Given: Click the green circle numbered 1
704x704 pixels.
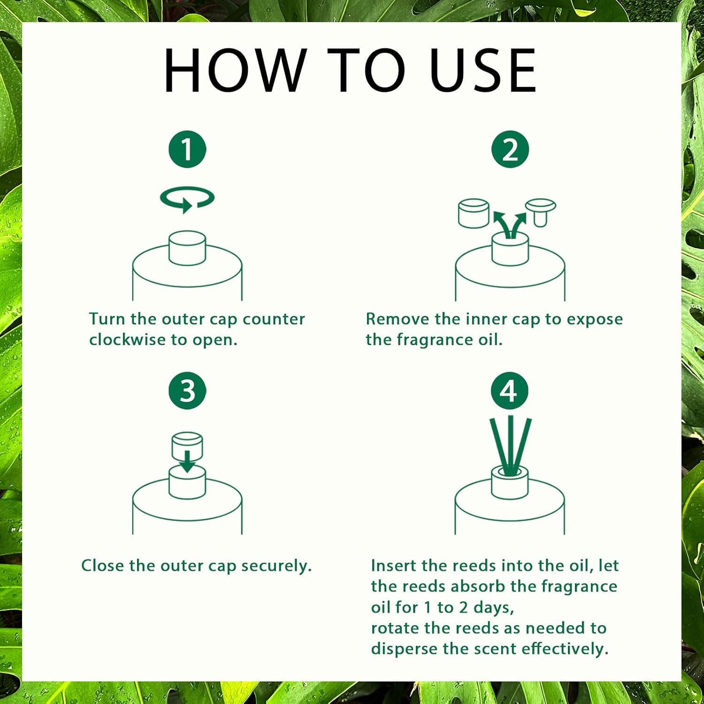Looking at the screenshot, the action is click(x=187, y=149).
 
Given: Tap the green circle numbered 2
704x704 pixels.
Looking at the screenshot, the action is click(x=510, y=149).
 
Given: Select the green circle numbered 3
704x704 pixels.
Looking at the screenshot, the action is click(x=187, y=390).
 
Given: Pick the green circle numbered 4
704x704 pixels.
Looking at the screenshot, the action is click(x=510, y=390).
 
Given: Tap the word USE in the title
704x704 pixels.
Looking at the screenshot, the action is click(x=483, y=70).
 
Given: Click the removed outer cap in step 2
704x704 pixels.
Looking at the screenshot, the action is click(x=474, y=213).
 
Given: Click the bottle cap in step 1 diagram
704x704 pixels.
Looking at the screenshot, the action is click(x=187, y=248).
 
